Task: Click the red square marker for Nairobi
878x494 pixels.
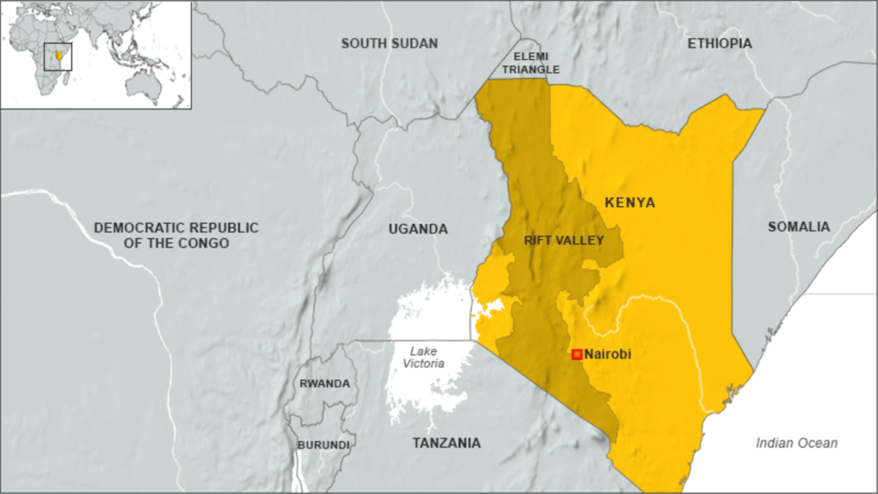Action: click(577, 354)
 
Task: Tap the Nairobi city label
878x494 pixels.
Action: click(607, 354)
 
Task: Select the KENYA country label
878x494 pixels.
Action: click(629, 203)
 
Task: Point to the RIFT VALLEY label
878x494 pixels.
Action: click(563, 240)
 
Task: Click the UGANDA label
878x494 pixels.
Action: click(418, 229)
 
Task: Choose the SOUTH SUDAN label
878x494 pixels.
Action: click(389, 44)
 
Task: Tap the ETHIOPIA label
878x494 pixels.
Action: click(719, 44)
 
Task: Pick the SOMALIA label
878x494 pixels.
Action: click(799, 227)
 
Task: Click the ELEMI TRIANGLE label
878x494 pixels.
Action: click(536, 63)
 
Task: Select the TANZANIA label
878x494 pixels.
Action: click(446, 443)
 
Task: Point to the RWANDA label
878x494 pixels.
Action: click(324, 383)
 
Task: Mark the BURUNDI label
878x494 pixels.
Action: click(323, 444)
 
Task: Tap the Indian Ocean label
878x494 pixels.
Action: click(797, 443)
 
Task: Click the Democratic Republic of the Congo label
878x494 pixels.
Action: click(176, 235)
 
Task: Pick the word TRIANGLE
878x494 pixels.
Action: click(536, 70)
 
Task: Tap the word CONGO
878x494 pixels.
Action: click(207, 243)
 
